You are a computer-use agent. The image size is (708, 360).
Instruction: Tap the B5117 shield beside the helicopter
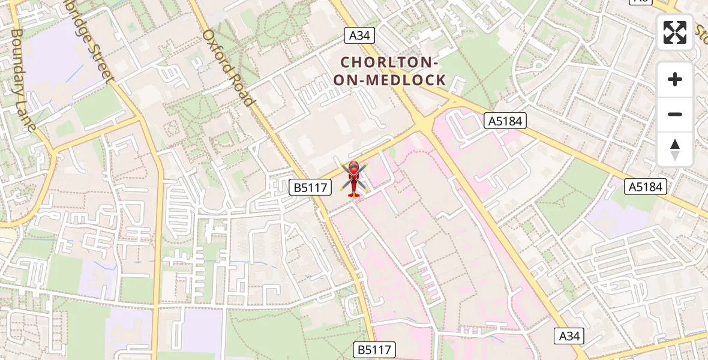coord(310,188)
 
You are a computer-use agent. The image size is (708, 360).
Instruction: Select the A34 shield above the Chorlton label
coord(359,35)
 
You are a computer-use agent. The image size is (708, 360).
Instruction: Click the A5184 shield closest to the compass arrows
coord(646,187)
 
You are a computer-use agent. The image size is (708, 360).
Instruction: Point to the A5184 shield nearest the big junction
coord(505,121)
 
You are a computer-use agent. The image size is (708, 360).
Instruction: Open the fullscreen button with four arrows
coord(675,32)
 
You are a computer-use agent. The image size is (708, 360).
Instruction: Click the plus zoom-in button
coord(675,79)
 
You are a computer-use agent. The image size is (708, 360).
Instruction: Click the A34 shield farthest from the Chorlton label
coord(569,336)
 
